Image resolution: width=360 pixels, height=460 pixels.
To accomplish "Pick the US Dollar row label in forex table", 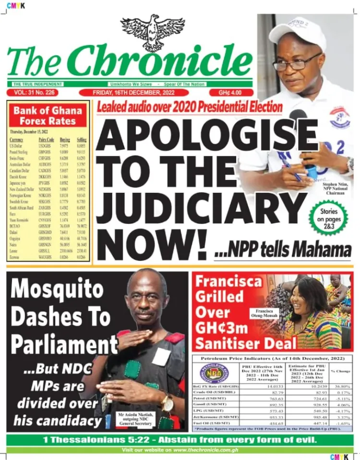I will tap(17, 144).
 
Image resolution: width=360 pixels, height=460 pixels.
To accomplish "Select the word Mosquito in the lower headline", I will tap(57, 289).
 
